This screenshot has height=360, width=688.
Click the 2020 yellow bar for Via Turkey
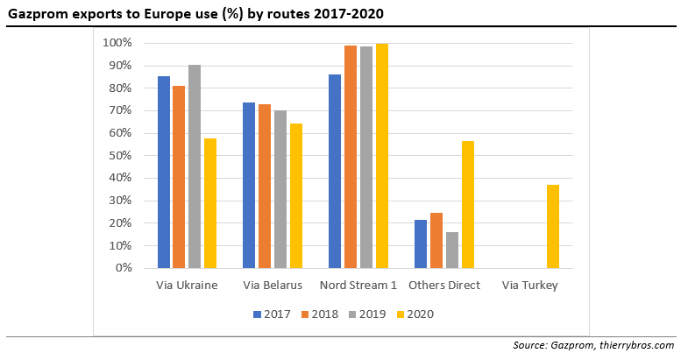(553, 226)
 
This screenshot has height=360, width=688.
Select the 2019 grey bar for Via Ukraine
(194, 166)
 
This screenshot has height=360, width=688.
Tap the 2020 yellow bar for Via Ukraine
(210, 203)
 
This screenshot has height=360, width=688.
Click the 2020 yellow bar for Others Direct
(468, 204)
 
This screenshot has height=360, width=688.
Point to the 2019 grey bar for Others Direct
(452, 250)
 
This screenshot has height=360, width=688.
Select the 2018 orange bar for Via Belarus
(265, 186)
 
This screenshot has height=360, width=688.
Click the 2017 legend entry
(272, 314)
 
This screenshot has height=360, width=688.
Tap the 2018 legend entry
(318, 314)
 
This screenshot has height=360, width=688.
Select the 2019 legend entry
(366, 314)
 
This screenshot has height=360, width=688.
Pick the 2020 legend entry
(414, 314)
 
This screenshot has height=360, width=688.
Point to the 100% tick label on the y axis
(117, 43)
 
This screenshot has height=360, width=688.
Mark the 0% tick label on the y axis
(124, 268)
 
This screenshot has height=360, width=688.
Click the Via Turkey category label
(529, 286)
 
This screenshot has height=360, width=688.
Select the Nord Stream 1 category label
(358, 286)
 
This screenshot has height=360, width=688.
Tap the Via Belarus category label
(273, 286)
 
